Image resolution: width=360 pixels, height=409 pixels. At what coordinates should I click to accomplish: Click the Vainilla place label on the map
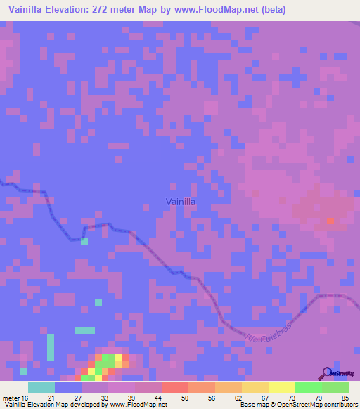pos(180,202)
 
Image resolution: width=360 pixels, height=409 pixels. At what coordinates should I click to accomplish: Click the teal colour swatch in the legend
pos(41,387)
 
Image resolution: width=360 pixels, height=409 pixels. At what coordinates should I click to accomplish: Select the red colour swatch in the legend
pos(175,387)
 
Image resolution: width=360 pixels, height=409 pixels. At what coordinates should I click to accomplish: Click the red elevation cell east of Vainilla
pos(331,221)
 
